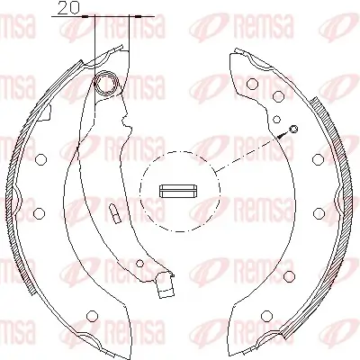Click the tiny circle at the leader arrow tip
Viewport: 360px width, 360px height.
292,131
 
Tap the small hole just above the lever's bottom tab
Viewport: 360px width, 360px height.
139,264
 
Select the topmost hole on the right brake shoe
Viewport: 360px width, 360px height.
252,83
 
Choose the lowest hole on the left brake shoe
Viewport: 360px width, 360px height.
93,315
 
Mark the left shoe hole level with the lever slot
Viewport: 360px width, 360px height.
39,212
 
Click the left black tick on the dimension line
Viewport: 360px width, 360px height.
94,16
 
